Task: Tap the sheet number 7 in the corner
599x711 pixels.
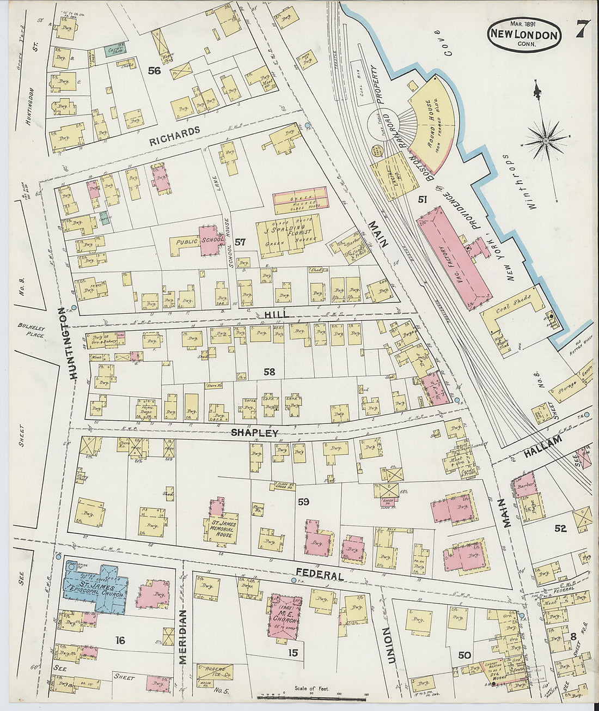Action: (x=582, y=29)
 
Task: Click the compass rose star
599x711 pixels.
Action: (x=546, y=141)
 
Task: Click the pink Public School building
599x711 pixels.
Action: (x=210, y=241)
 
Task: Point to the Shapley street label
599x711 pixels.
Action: (x=254, y=433)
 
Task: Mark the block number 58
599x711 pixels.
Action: (x=269, y=372)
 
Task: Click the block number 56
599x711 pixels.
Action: (x=155, y=70)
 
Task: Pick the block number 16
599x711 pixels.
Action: (x=120, y=640)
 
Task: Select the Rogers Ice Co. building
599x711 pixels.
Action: (x=214, y=672)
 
